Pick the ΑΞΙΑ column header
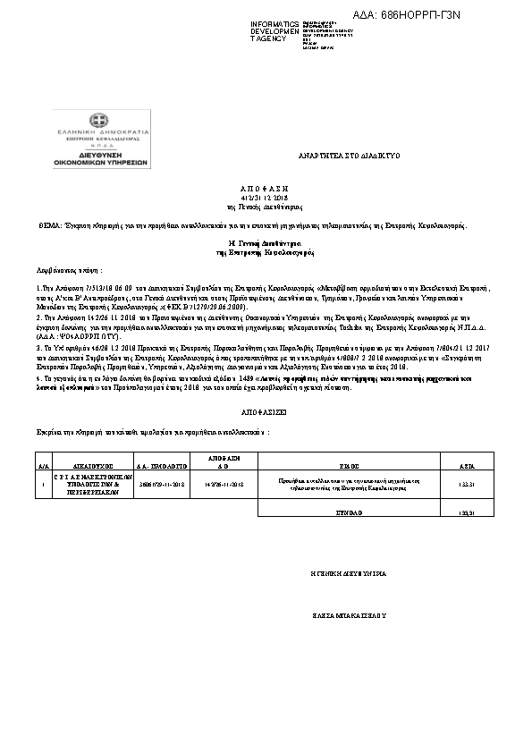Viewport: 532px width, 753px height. point(466,466)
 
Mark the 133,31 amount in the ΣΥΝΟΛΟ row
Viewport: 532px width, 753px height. point(466,512)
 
